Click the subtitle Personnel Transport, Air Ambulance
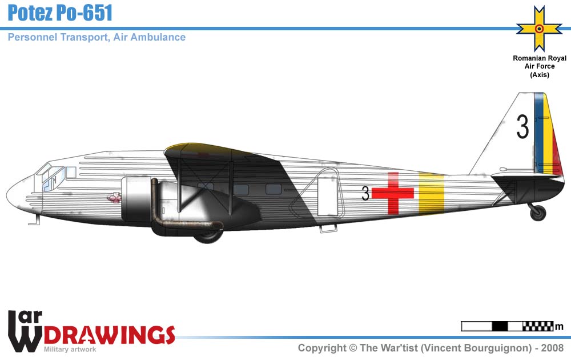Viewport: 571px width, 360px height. (x=96, y=37)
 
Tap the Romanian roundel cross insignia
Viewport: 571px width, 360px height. (x=538, y=28)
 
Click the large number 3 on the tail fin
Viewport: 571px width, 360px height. (x=522, y=127)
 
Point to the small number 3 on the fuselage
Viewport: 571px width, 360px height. (x=365, y=194)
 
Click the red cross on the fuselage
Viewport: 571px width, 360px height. (x=393, y=193)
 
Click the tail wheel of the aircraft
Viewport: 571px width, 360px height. (x=538, y=213)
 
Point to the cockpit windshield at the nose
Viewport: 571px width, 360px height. (x=43, y=169)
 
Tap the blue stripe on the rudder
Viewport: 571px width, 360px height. (x=537, y=133)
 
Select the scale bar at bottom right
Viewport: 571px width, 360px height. (x=507, y=327)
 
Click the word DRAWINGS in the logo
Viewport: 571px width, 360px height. (x=108, y=334)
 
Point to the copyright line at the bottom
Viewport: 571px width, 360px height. (x=431, y=348)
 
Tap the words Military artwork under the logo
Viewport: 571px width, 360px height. (x=70, y=349)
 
